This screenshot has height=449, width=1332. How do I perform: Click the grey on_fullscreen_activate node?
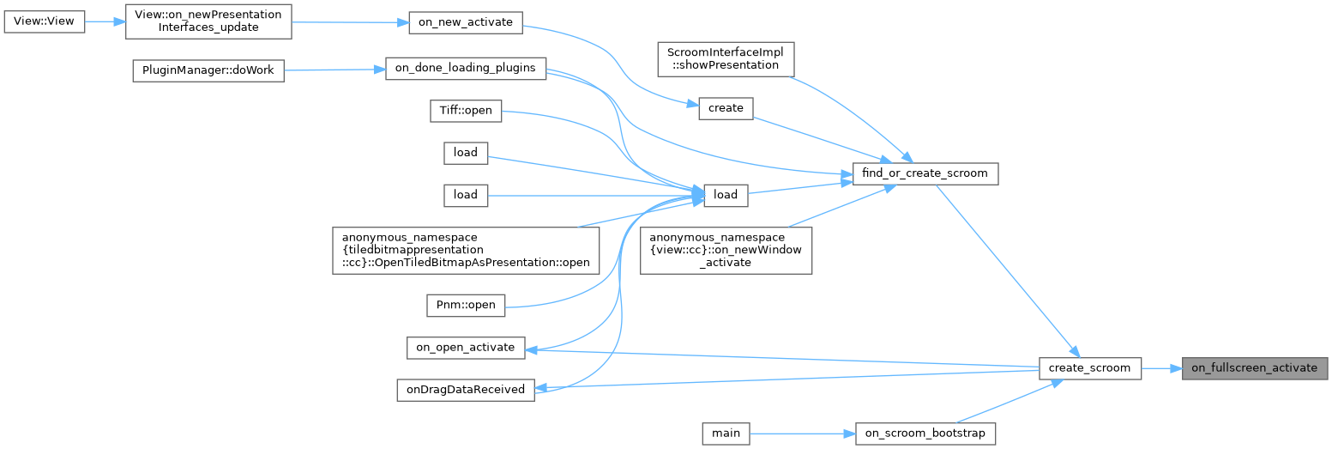1254,368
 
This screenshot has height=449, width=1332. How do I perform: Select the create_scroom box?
1089,368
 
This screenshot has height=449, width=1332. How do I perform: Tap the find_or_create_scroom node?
925,173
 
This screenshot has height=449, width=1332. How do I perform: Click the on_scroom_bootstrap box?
925,434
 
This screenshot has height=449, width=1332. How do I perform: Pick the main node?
725,434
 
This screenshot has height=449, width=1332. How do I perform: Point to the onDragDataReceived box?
465,389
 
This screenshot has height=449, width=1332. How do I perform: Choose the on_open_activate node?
465,347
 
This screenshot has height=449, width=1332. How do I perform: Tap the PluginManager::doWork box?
208,70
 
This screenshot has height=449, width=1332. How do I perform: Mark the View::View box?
45,22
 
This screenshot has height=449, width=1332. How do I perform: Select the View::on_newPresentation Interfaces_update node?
208,22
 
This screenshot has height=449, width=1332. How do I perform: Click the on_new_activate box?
465,22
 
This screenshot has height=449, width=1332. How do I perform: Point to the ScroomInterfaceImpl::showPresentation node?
726,58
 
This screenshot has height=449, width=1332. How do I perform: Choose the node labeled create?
725,108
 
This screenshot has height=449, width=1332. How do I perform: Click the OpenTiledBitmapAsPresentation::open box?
466,250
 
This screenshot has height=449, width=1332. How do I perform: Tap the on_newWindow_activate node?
726,250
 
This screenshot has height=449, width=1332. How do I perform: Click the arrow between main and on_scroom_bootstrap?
802,434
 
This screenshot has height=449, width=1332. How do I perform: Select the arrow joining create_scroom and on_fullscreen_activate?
1162,368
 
